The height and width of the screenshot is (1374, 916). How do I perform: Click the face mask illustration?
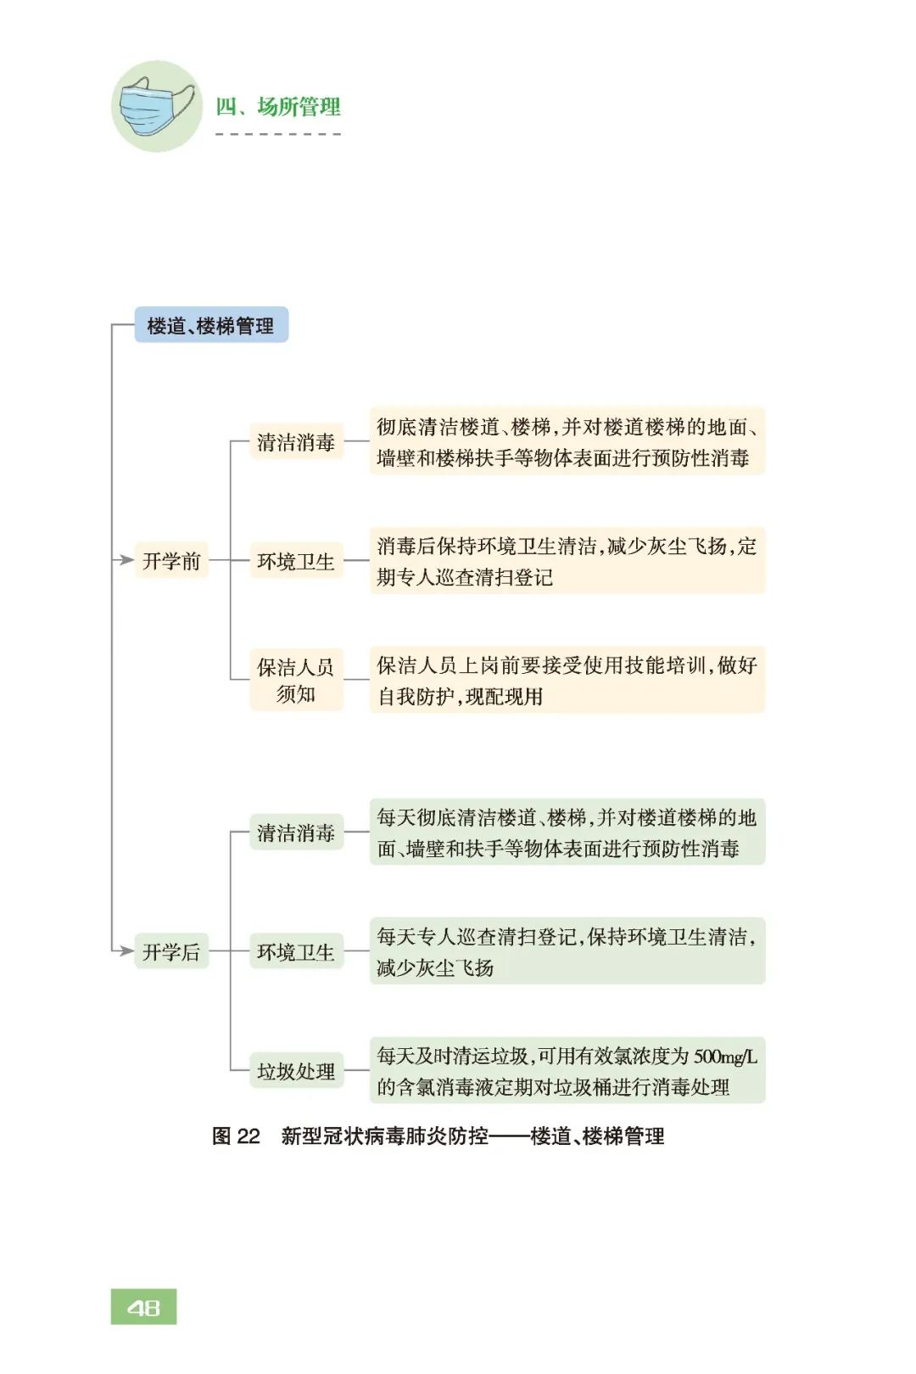pyautogui.click(x=156, y=105)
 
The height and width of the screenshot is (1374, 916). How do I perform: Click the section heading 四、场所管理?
pyautogui.click(x=277, y=107)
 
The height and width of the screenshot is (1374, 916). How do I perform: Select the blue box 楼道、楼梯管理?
pyautogui.click(x=211, y=324)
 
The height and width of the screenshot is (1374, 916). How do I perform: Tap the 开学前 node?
pyautogui.click(x=171, y=560)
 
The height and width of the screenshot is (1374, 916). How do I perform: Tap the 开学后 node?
pyautogui.click(x=171, y=951)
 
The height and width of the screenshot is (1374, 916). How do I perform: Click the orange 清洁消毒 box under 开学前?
pyautogui.click(x=296, y=441)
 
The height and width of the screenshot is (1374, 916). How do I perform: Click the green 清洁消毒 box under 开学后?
pyautogui.click(x=296, y=832)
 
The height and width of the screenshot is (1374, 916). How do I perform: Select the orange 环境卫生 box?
pyautogui.click(x=296, y=560)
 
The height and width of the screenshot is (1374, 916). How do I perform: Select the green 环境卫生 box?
pyautogui.click(x=296, y=951)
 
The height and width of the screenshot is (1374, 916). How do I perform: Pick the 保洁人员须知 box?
pyautogui.click(x=296, y=680)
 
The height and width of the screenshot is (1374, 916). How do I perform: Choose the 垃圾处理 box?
pyautogui.click(x=296, y=1070)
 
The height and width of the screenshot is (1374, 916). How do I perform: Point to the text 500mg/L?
pyautogui.click(x=725, y=1056)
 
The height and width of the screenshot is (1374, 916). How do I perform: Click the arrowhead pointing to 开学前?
pyautogui.click(x=126, y=560)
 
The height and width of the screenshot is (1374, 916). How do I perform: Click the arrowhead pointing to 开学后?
pyautogui.click(x=126, y=951)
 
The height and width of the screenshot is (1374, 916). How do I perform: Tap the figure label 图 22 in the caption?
pyautogui.click(x=236, y=1136)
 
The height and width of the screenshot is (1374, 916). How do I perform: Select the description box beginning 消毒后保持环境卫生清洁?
pyautogui.click(x=567, y=560)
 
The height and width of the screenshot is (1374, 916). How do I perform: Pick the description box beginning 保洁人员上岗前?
pyautogui.click(x=567, y=680)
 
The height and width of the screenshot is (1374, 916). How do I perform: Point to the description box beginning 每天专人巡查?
pyautogui.click(x=567, y=951)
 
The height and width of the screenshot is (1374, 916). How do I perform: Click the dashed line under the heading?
pyautogui.click(x=277, y=134)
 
